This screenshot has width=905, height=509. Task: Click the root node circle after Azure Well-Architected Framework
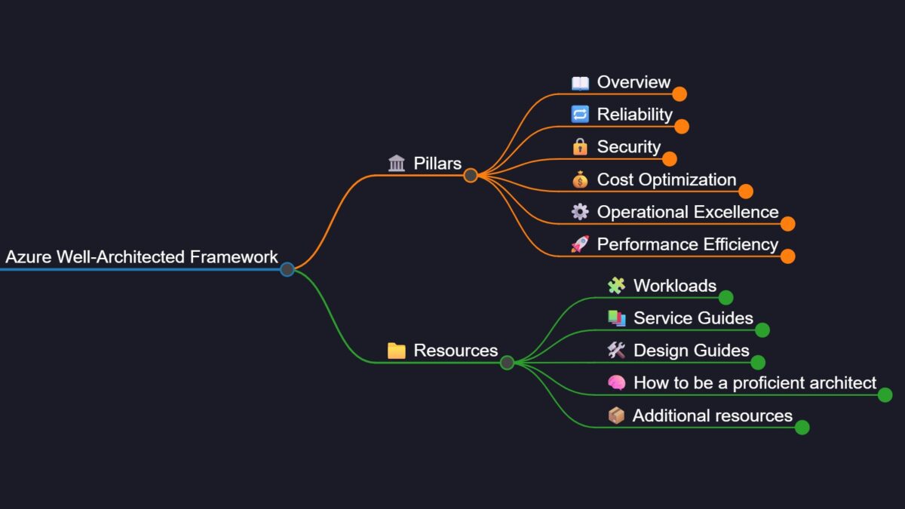pos(287,269)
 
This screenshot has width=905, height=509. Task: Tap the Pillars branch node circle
pos(471,175)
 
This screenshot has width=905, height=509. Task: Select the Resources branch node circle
pos(507,363)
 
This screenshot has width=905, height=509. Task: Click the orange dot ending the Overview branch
pos(680,94)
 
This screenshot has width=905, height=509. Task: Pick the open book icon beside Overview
pos(580,83)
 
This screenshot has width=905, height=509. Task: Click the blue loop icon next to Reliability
pos(580,114)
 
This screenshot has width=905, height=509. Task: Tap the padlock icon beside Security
pos(580,146)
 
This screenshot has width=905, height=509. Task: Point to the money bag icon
pos(580,179)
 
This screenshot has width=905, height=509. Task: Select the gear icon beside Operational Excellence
pos(580,212)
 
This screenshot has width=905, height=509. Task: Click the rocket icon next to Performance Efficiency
pos(580,244)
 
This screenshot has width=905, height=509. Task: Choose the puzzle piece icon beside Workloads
pos(617,286)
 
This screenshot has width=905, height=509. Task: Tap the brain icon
pos(617,382)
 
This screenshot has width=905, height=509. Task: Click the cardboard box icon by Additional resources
pos(617,415)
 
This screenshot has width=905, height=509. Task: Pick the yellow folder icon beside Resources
pos(397,350)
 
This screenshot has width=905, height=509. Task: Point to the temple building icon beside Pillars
pos(397,163)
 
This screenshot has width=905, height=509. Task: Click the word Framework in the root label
pos(234,257)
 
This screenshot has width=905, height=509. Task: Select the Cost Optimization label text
pos(667,179)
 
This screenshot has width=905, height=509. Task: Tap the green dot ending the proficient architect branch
pos(885,394)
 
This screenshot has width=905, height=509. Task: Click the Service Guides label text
pos(693,318)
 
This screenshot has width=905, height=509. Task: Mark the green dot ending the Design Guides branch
pos(758,363)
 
